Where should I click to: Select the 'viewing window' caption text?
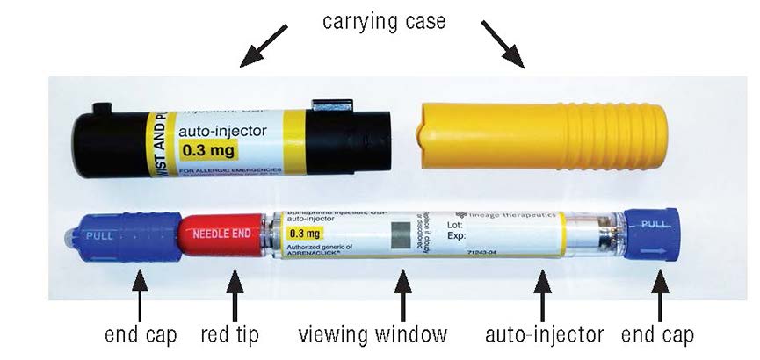pyautogui.click(x=384, y=335)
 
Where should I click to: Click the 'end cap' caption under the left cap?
pyautogui.click(x=141, y=335)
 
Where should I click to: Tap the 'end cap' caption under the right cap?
pyautogui.click(x=657, y=335)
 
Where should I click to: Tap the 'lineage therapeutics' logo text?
pyautogui.click(x=504, y=213)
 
